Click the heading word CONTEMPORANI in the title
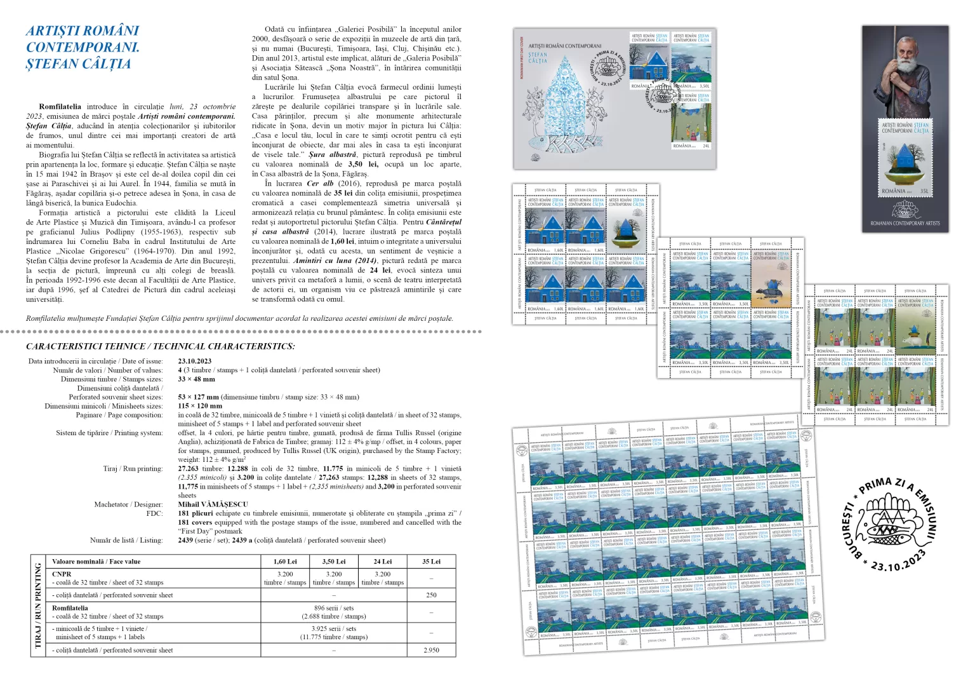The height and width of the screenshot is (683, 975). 83,47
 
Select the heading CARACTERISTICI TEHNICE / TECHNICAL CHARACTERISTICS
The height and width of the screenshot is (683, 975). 160,346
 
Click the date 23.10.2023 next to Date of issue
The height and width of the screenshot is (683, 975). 195,361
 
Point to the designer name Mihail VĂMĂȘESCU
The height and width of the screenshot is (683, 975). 213,504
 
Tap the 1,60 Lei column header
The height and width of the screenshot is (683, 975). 285,562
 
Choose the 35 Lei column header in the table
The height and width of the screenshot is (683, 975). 431,562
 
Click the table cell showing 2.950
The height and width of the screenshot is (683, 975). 431,650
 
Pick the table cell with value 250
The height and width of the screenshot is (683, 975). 431,595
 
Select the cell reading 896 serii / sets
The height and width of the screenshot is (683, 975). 333,608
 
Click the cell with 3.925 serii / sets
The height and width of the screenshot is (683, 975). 333,628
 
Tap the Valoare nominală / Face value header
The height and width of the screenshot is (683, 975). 96,562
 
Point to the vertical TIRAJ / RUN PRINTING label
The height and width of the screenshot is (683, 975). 38,605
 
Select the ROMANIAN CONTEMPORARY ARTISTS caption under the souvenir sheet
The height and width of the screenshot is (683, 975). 905,223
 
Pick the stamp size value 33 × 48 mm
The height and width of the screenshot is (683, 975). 196,379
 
